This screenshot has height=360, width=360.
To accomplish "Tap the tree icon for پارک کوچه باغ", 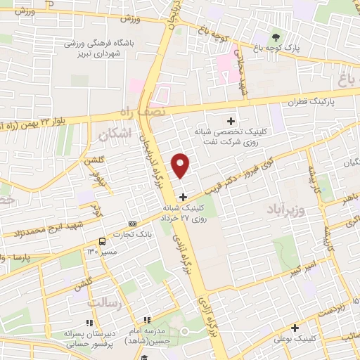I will [275, 37].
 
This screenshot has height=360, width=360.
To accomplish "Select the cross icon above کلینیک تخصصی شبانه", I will [231, 121].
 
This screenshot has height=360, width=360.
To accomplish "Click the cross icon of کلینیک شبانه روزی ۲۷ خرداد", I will [184, 197].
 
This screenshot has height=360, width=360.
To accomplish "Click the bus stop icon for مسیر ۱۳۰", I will [104, 239].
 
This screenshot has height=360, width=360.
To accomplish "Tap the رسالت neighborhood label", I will [105, 302].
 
